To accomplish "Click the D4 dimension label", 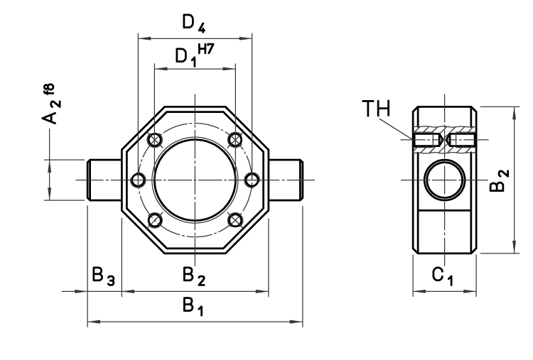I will [193, 23].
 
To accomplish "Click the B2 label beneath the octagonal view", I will [193, 276].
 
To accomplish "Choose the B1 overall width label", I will [192, 306].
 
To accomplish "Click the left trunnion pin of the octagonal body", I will [104, 180].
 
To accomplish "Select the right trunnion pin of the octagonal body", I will [286, 180].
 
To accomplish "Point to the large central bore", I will [194, 180].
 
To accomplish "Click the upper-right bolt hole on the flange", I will [235, 139].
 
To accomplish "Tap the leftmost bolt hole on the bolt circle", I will [138, 180].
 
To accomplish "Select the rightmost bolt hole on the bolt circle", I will [251, 180].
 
